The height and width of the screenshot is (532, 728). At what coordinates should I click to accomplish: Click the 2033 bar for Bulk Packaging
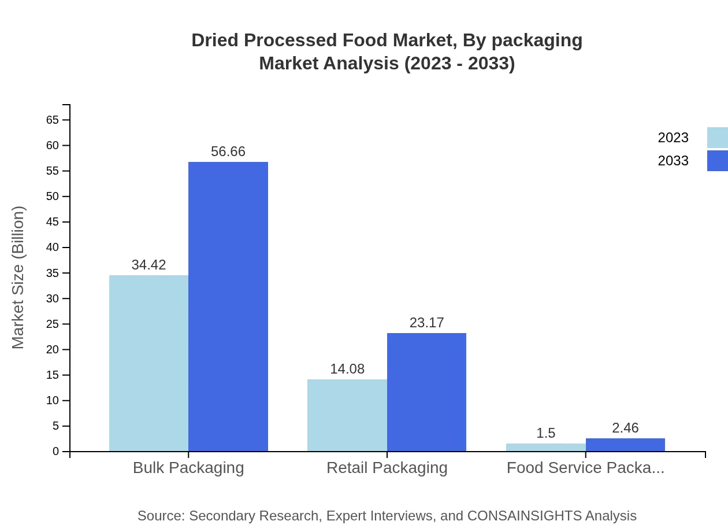click(228, 306)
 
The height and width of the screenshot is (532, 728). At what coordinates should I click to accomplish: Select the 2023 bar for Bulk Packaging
click(148, 363)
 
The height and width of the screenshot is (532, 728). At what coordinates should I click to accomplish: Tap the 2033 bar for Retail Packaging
click(426, 392)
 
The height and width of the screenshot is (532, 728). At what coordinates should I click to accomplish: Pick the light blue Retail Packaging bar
click(347, 415)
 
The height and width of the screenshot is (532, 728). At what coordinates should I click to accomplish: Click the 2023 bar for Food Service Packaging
click(545, 448)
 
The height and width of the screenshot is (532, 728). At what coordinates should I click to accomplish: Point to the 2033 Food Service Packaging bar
click(625, 445)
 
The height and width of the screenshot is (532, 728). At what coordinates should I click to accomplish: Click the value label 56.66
click(228, 152)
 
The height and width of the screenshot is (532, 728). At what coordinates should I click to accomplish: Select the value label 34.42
click(148, 265)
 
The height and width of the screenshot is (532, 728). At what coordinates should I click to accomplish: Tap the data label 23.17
click(426, 323)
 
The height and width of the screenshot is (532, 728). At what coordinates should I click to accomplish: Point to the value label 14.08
click(347, 369)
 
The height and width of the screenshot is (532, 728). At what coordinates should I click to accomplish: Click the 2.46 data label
click(625, 428)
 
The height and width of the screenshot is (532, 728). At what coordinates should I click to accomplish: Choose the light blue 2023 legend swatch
click(717, 138)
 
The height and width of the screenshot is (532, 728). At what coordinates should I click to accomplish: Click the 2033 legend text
click(673, 161)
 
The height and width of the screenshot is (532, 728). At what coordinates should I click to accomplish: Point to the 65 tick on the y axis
click(53, 120)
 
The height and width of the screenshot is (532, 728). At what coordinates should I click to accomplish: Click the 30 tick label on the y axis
click(53, 298)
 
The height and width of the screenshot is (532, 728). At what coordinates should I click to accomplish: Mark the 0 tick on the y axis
click(56, 452)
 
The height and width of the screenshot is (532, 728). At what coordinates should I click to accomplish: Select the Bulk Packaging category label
click(188, 467)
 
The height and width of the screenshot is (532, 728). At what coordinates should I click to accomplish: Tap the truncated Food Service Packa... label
click(585, 467)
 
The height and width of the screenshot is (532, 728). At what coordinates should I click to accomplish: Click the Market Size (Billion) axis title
click(18, 278)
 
